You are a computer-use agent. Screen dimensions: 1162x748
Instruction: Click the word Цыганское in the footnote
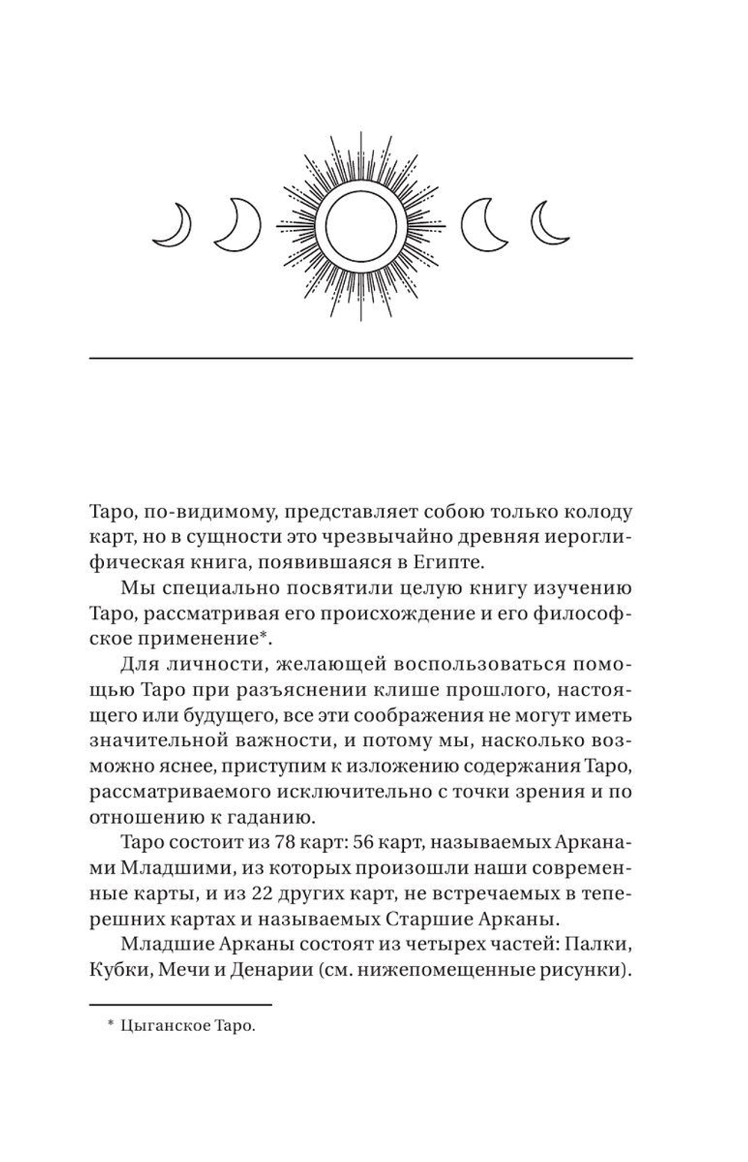(159, 1028)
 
